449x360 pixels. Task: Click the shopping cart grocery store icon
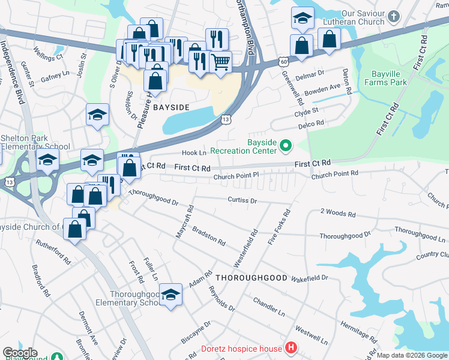coord(221,61)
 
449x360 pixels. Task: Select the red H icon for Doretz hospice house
coord(291,348)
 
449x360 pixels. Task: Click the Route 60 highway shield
coord(283,61)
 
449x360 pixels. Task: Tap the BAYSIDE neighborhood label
coord(171,107)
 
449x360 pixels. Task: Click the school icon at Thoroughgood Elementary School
coord(171,295)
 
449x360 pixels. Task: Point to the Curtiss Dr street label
coord(242,200)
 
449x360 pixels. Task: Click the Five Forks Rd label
coord(286,221)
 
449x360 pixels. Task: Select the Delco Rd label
coord(313,123)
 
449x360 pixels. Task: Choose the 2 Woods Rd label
coord(338,213)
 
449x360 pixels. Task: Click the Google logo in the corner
coord(20,353)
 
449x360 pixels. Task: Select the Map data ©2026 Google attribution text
coord(412,355)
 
